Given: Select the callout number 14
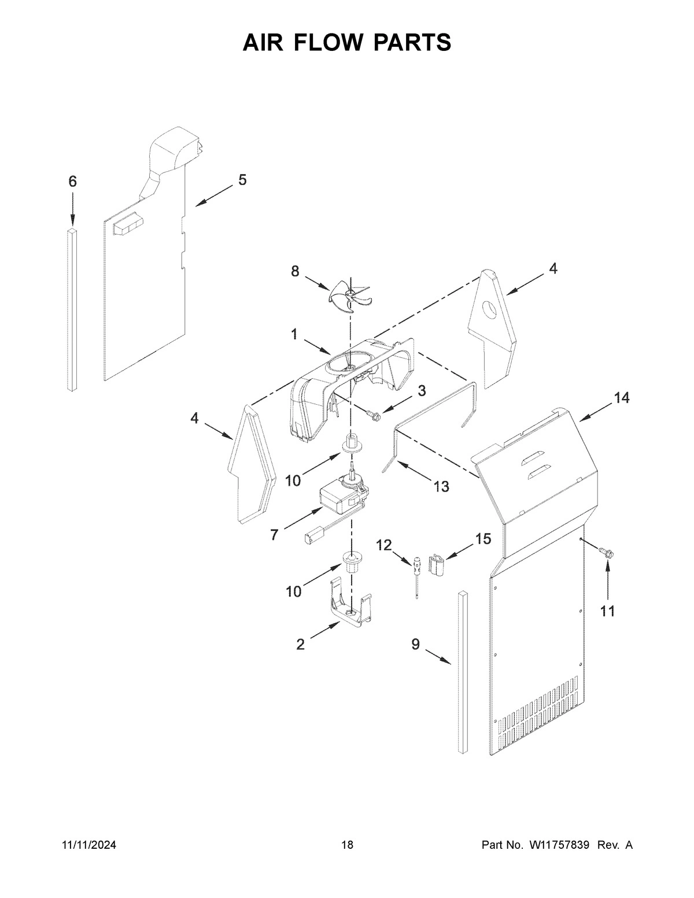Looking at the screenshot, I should point(622,398).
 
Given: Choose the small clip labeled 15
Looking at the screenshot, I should point(437,563).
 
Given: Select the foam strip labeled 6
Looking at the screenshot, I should point(72,309).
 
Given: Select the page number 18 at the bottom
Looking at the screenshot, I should point(347,845).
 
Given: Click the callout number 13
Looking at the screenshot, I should point(441,487).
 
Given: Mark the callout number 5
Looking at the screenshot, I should point(242,180).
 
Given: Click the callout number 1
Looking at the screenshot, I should point(294,334).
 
